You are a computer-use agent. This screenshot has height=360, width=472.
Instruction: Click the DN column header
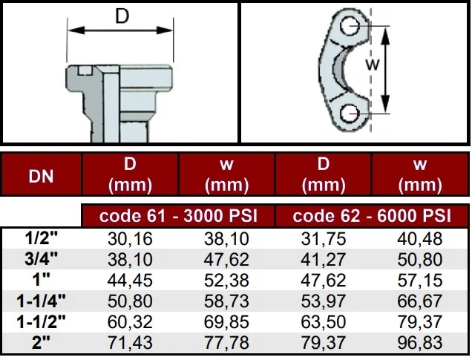click(40, 176)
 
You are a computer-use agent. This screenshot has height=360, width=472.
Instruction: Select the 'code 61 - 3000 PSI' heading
click(177, 216)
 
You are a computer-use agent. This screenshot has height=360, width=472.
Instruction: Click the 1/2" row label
click(42, 238)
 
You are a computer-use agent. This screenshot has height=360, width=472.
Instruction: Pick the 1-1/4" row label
click(42, 301)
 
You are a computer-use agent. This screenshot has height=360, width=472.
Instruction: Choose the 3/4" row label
click(42, 259)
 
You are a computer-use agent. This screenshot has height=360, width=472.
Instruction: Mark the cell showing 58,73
click(226, 301)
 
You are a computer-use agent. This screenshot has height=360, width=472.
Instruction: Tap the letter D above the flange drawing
click(122, 16)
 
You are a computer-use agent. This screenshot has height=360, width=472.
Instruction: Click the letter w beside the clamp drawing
click(376, 65)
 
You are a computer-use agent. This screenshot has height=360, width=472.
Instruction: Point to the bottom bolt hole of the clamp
click(351, 113)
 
